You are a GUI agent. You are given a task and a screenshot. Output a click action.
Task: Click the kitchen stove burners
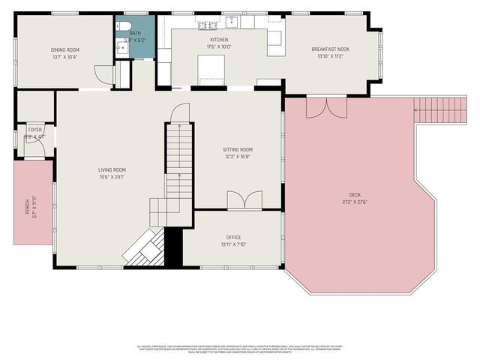(x=205, y=25)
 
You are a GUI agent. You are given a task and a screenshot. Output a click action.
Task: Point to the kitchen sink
(x=233, y=20)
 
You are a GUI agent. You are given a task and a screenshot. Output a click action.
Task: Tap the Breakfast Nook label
(x=330, y=49)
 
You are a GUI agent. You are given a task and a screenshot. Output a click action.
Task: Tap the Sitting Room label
(x=237, y=149)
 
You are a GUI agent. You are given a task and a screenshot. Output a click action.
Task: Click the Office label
(x=233, y=237)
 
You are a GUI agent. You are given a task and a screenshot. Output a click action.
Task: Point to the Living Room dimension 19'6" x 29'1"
(x=112, y=178)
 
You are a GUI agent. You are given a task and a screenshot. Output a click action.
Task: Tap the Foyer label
(x=34, y=130)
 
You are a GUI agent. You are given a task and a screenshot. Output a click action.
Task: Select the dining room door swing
(x=103, y=75)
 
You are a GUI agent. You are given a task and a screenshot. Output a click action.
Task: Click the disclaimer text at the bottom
(x=239, y=348)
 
